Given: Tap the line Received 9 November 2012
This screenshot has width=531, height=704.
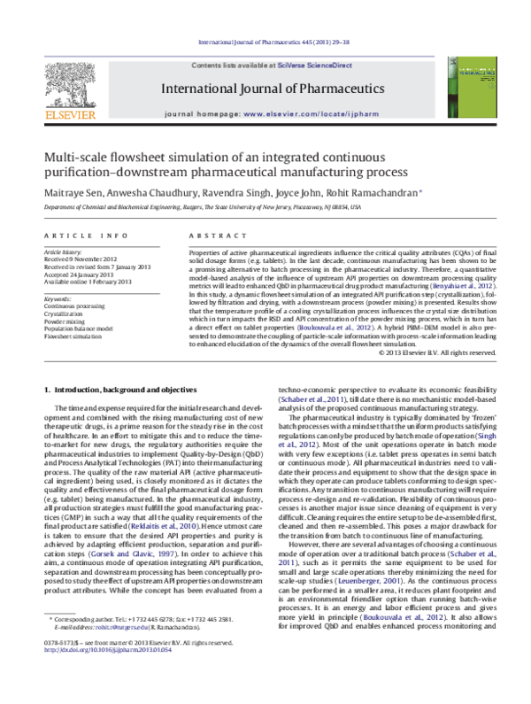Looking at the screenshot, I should [x=86, y=259].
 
